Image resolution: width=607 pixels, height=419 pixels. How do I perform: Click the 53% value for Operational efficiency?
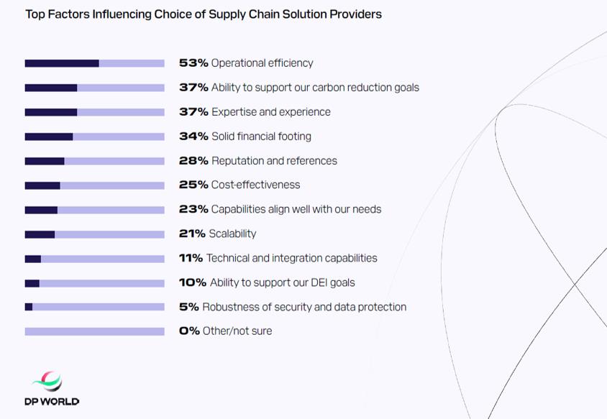[x=193, y=63]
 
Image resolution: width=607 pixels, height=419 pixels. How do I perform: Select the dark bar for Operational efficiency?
[x=62, y=63]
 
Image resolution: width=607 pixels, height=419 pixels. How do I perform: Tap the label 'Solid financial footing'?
[x=261, y=137]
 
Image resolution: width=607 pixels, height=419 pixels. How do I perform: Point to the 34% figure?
[x=193, y=137]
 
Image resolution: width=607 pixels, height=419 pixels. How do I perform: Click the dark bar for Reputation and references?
[x=45, y=161]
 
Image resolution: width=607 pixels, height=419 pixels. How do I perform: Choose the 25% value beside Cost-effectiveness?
[x=193, y=185]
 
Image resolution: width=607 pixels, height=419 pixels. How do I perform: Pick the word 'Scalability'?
[x=232, y=234]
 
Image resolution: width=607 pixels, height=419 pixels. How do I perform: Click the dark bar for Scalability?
[x=40, y=234]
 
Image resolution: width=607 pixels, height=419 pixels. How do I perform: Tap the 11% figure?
[x=191, y=258]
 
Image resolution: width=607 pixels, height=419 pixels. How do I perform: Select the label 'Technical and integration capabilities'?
[x=291, y=258]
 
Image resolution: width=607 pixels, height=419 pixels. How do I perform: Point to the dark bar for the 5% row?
[x=29, y=307]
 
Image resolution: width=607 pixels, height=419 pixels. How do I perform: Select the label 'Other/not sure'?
[x=237, y=331]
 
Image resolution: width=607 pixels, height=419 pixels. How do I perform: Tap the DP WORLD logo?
[x=52, y=389]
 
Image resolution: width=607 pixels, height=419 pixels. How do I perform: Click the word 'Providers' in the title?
[x=355, y=14]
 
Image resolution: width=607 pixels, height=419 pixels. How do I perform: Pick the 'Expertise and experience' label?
[x=271, y=112]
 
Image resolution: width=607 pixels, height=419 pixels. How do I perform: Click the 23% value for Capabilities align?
[x=193, y=209]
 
